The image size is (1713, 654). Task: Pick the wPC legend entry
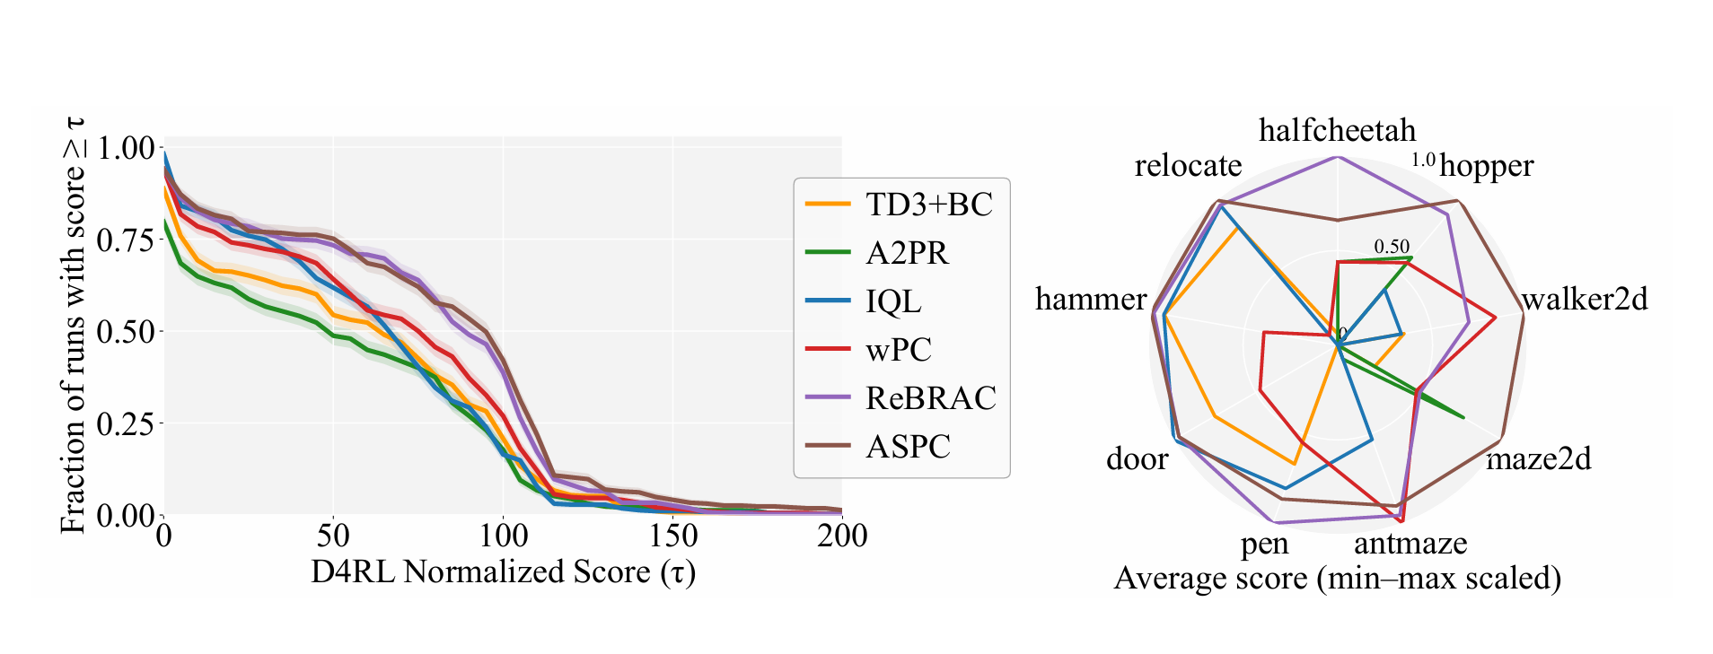(x=899, y=349)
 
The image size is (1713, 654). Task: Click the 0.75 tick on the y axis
(x=126, y=240)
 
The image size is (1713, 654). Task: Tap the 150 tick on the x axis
(x=672, y=536)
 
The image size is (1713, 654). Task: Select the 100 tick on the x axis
(x=503, y=536)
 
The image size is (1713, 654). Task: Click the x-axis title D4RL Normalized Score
(x=503, y=571)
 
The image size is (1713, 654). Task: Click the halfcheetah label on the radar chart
(x=1337, y=131)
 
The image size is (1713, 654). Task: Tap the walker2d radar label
(x=1585, y=299)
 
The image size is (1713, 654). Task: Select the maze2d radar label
(x=1539, y=459)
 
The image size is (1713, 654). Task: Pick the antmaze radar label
(x=1410, y=544)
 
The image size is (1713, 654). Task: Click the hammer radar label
(x=1091, y=299)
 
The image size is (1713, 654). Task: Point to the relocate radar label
(x=1188, y=166)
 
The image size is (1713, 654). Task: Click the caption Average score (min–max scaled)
(x=1337, y=579)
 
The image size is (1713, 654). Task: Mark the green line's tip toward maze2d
(x=1463, y=417)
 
